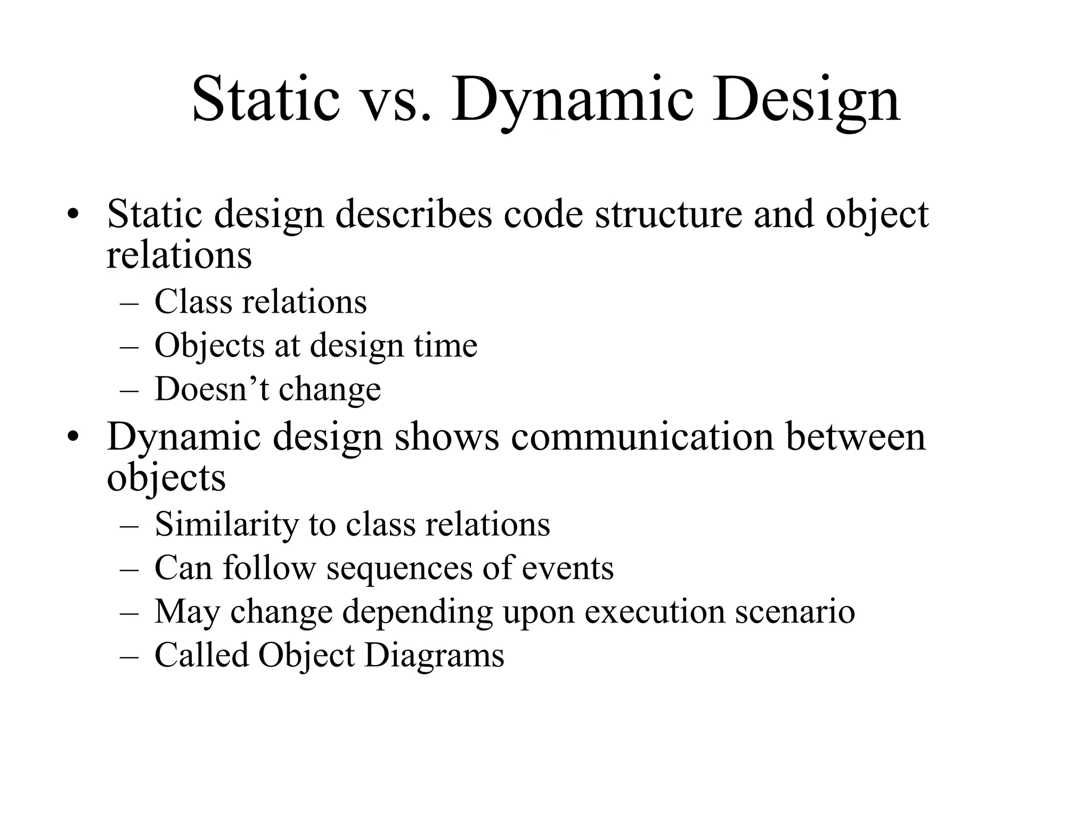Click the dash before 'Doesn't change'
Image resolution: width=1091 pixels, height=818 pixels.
click(129, 390)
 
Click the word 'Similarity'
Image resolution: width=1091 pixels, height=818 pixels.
click(226, 524)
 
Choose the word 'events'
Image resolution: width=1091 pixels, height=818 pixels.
click(567, 568)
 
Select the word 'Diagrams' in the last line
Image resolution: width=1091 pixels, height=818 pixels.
click(434, 655)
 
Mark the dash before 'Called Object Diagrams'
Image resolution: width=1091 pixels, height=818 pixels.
click(129, 656)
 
